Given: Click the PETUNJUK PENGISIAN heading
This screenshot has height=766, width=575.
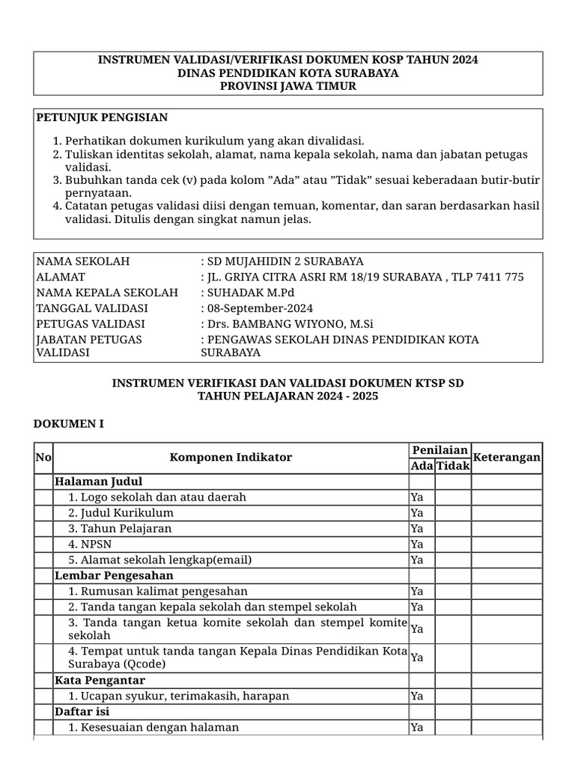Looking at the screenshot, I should click(102, 117).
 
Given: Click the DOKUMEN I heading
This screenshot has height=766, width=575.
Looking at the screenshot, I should click(68, 424).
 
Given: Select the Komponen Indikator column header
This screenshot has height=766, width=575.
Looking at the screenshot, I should click(231, 457).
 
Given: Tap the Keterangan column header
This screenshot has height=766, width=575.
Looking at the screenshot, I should click(507, 457).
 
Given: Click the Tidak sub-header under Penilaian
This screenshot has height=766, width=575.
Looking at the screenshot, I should click(452, 465).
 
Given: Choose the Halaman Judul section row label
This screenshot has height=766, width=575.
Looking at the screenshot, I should click(98, 481).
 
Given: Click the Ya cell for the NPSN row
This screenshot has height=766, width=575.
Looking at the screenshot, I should click(417, 544).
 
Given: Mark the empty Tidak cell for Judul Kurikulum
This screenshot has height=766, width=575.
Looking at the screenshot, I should click(452, 512).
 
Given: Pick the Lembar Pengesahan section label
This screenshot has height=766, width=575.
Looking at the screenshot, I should click(114, 575).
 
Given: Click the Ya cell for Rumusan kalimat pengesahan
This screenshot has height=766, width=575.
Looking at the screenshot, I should click(417, 591).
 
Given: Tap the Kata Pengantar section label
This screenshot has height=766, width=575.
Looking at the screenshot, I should click(100, 680).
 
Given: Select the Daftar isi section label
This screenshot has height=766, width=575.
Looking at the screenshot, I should click(82, 711).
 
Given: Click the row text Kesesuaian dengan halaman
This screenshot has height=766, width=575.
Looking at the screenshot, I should click(153, 727).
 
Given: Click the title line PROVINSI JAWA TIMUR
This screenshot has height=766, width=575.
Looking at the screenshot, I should click(288, 86).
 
